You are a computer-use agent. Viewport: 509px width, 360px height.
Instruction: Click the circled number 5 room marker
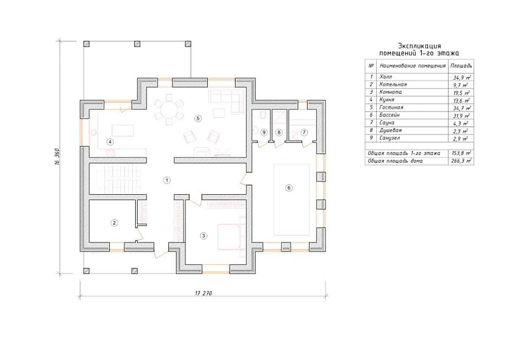[x=198, y=119]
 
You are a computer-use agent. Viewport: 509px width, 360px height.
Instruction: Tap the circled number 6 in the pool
[x=289, y=188]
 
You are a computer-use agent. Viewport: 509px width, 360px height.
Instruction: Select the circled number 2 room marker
[x=114, y=223]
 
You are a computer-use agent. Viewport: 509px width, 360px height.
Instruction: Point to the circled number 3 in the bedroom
[x=204, y=235]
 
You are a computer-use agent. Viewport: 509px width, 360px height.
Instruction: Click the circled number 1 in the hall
[x=167, y=180]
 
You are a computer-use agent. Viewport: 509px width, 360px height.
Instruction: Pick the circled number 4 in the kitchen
[x=110, y=142]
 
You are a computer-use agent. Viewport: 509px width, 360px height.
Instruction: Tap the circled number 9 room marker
[x=264, y=132]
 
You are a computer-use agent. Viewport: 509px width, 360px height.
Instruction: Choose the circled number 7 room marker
[x=304, y=132]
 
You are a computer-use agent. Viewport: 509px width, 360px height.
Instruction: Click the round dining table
[x=169, y=109]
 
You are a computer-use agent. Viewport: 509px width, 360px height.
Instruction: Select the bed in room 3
[x=231, y=237]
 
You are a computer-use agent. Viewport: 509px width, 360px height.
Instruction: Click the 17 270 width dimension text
[x=204, y=293]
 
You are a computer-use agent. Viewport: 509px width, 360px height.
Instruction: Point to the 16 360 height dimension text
[x=57, y=159]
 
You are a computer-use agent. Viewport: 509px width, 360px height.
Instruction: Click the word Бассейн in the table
[x=389, y=115]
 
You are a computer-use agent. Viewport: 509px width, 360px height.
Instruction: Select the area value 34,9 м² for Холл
[x=462, y=77]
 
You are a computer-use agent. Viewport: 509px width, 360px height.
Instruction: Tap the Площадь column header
[x=461, y=66]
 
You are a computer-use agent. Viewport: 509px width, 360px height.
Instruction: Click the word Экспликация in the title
[x=419, y=46]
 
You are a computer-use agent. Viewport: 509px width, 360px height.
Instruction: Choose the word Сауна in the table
[x=387, y=123]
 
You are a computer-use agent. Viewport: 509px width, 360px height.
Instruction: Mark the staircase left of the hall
[x=119, y=178]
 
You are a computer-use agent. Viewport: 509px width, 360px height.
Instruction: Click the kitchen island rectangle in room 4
[x=123, y=130]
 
